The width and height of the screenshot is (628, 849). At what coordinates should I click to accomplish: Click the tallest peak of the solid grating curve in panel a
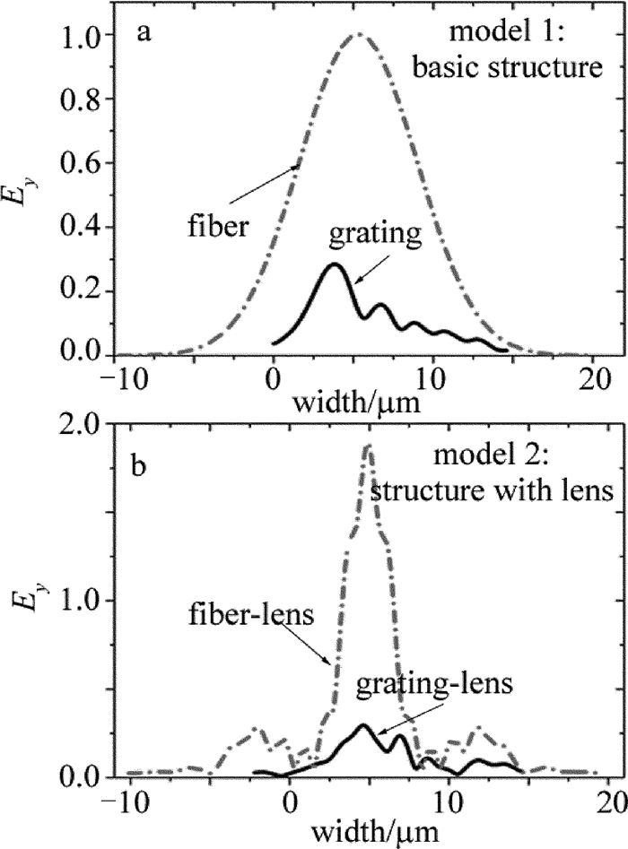tap(335, 264)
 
